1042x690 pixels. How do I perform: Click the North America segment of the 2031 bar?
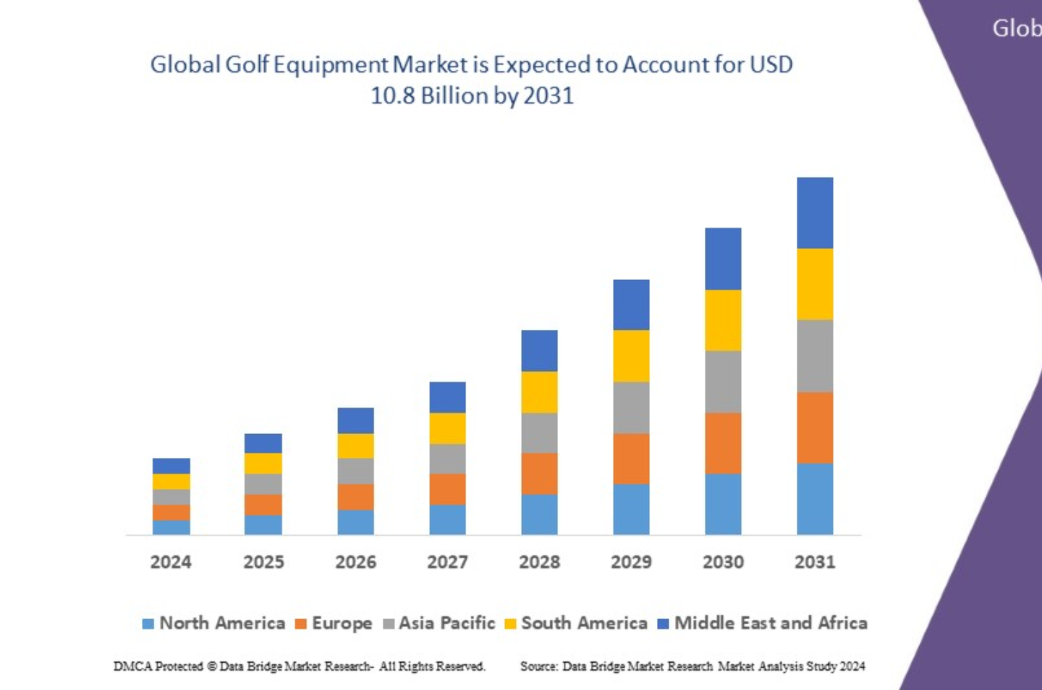click(815, 498)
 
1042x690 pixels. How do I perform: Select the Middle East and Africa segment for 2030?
click(723, 258)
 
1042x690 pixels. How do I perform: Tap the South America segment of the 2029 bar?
click(631, 356)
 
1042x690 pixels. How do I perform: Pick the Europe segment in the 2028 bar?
click(539, 474)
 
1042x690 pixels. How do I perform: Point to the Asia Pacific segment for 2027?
click(447, 459)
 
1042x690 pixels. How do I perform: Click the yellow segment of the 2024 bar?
click(171, 482)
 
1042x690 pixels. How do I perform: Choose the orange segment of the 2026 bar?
click(355, 497)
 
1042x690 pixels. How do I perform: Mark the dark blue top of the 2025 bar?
click(263, 443)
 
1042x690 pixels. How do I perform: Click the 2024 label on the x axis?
click(171, 562)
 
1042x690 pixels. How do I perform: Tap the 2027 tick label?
click(447, 562)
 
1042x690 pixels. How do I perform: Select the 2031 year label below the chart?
click(815, 562)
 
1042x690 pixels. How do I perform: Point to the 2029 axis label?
click(631, 562)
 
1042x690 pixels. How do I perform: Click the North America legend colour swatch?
click(148, 623)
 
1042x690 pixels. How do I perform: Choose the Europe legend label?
click(342, 623)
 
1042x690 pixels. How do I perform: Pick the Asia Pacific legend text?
click(446, 623)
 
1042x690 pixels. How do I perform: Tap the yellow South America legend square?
click(510, 623)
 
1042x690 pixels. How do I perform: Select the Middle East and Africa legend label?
click(771, 623)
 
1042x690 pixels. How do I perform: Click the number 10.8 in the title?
click(392, 95)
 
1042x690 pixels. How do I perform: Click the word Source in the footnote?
click(538, 666)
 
